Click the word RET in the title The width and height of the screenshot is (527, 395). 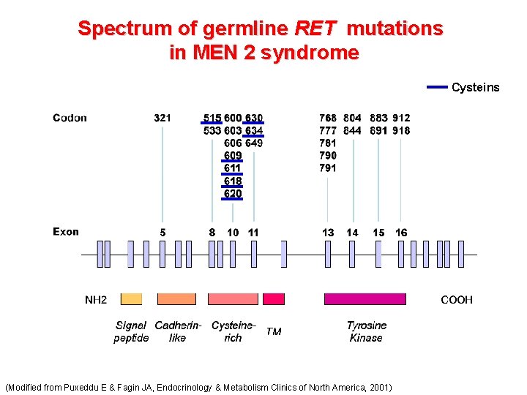[315, 29]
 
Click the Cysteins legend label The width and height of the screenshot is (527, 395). [475, 88]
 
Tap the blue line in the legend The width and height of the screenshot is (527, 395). [436, 87]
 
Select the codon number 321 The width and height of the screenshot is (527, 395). [162, 118]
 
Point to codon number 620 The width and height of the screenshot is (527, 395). [233, 194]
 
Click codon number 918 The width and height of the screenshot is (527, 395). [401, 131]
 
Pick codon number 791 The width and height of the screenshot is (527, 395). [328, 168]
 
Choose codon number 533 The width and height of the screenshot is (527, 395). [212, 131]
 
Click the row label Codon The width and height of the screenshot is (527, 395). [70, 118]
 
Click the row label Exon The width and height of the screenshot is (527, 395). [66, 232]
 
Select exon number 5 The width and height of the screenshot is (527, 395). [162, 233]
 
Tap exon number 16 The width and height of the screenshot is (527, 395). [401, 233]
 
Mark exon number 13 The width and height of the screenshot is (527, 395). [328, 233]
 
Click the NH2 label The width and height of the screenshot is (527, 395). [96, 300]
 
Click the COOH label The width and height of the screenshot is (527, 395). [456, 300]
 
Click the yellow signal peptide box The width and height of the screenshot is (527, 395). [131, 298]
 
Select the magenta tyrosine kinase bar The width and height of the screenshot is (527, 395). [365, 298]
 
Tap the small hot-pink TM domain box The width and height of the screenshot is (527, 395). [274, 298]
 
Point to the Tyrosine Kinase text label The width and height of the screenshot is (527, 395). [367, 331]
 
